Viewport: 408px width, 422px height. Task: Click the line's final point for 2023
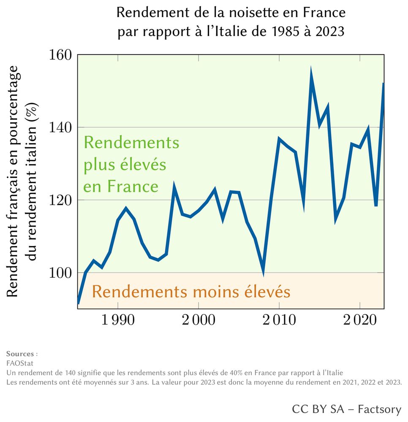(x=384, y=84)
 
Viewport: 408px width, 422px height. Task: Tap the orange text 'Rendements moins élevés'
(x=191, y=292)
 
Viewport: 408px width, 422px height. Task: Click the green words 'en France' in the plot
(x=121, y=186)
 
